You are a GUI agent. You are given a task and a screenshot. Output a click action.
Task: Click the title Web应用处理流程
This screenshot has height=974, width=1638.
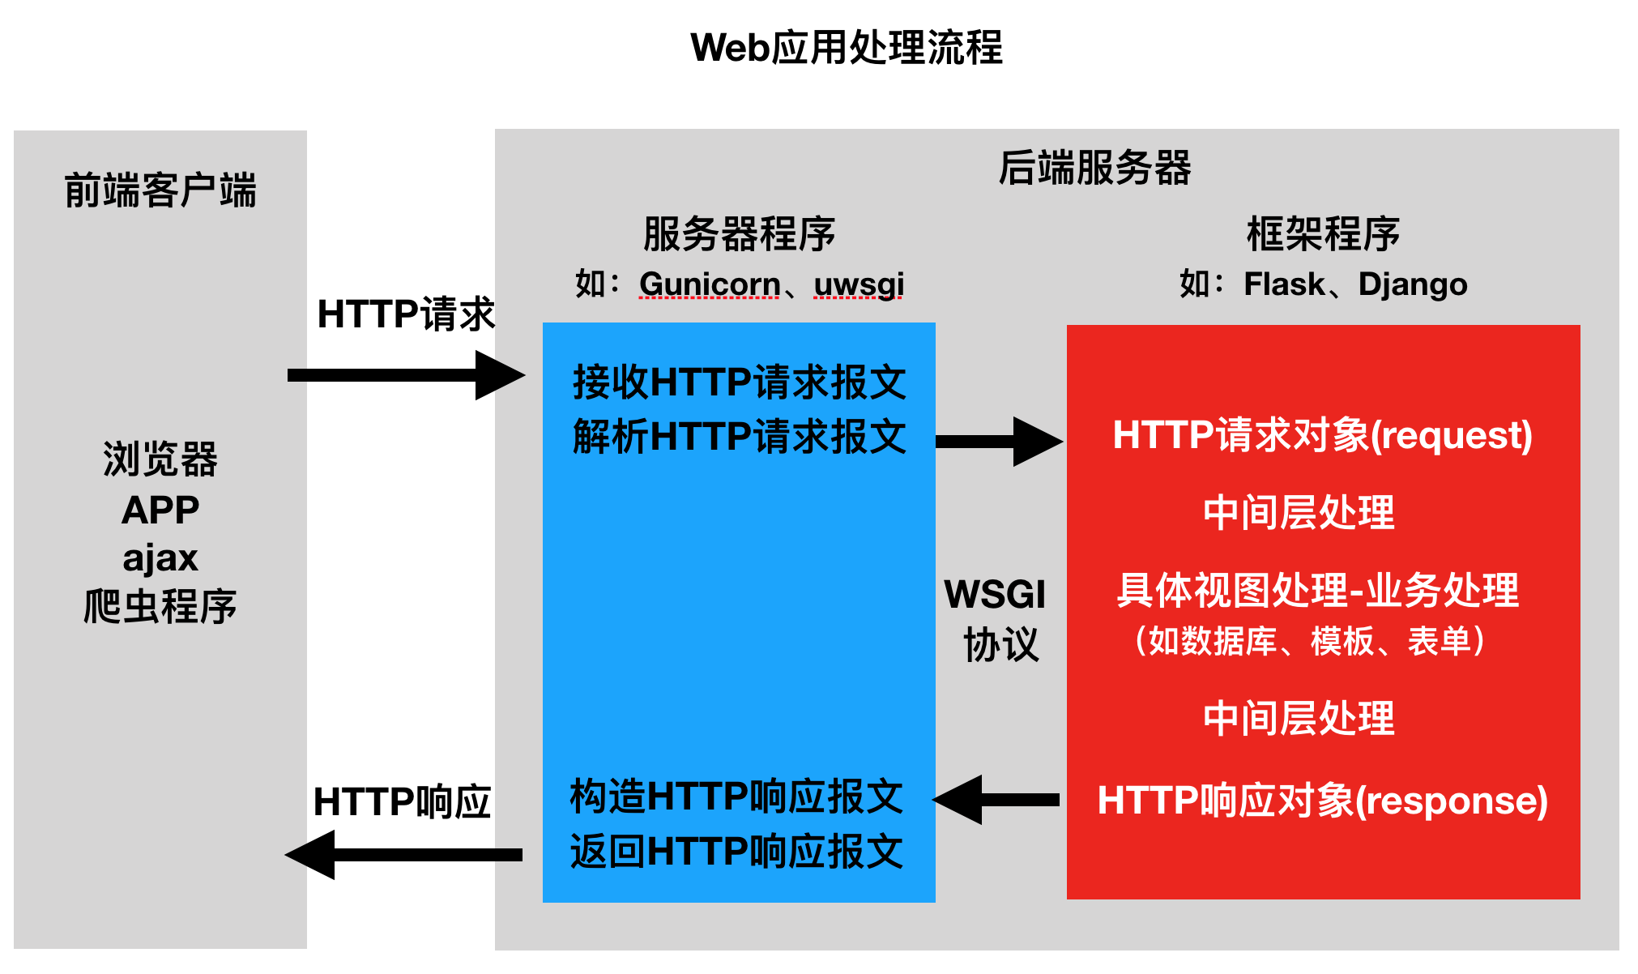846,48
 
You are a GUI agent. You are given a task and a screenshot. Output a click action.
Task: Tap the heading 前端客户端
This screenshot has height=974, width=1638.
160,191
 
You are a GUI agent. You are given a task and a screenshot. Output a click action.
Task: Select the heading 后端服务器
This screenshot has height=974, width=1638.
1094,169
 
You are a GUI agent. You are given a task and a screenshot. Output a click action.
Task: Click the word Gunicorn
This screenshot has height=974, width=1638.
709,284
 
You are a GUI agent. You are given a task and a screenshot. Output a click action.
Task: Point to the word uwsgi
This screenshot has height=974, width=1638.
859,284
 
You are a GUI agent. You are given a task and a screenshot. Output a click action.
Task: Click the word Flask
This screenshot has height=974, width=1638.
1284,284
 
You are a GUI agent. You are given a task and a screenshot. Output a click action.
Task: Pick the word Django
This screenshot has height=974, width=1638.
1413,284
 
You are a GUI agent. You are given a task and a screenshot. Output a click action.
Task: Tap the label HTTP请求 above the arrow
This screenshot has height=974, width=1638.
405,314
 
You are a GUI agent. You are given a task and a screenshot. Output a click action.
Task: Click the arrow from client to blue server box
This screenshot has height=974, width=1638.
405,375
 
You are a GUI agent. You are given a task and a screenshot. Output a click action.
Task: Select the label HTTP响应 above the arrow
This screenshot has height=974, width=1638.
402,802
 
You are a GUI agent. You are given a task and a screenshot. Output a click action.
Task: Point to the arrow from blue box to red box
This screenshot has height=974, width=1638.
998,442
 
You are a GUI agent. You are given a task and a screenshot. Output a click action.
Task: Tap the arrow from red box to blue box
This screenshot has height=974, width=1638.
996,800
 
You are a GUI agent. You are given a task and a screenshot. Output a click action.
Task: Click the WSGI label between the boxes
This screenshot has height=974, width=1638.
995,595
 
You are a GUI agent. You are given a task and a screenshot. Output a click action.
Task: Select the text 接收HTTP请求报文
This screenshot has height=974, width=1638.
739,382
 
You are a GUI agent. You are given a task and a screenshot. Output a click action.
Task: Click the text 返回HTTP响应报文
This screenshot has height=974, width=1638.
736,852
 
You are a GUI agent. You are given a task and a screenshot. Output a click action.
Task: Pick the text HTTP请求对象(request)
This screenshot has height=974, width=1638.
1322,435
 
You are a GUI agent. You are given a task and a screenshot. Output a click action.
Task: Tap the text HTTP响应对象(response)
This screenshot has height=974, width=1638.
1322,801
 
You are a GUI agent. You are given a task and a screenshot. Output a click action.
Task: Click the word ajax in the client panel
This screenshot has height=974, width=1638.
160,558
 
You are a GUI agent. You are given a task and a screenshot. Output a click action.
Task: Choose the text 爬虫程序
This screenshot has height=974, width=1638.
160,607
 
